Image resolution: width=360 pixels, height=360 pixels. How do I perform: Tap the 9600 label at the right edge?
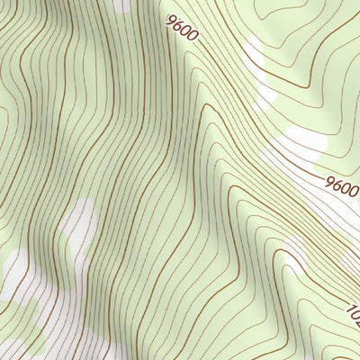(x=342, y=187)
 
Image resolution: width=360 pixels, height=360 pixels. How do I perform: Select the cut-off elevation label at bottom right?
(x=353, y=315)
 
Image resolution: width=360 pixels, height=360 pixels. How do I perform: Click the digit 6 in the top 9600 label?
(x=177, y=24)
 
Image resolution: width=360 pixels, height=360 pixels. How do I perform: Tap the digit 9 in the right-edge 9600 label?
(x=330, y=183)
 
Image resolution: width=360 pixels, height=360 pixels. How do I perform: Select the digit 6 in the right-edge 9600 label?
(x=337, y=185)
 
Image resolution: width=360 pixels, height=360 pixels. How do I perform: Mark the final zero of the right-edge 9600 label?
(x=354, y=192)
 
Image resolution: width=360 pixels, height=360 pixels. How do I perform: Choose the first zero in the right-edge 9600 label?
(x=346, y=189)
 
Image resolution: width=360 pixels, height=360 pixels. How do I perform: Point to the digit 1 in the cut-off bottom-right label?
(x=350, y=310)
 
